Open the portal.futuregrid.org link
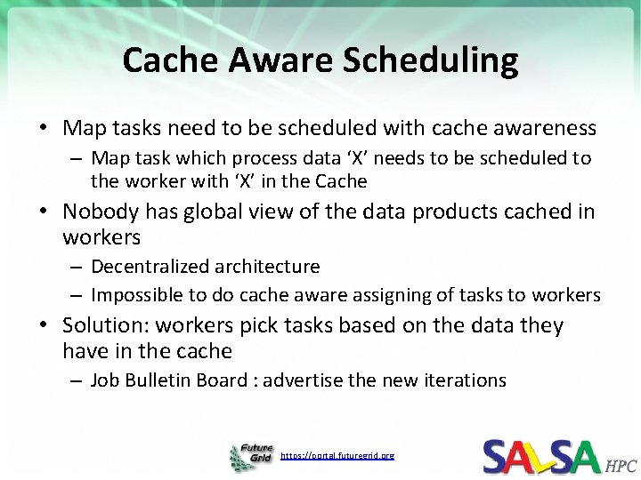[337, 455]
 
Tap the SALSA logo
[542, 455]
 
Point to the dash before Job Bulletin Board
[77, 381]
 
